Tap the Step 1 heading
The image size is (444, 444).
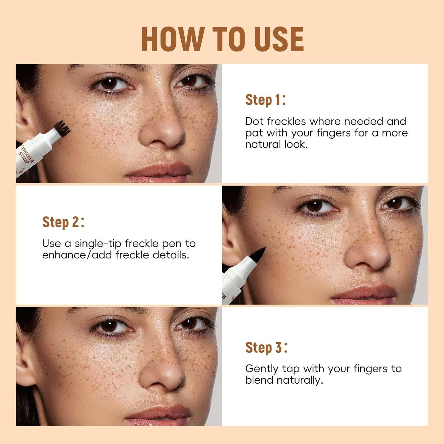(265, 100)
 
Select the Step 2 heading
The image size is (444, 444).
(63, 222)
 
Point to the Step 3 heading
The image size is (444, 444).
(266, 347)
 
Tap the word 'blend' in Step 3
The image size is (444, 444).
(259, 380)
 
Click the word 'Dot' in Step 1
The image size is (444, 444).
(254, 121)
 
